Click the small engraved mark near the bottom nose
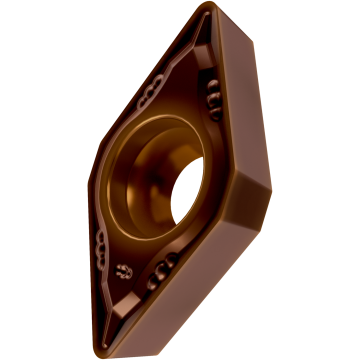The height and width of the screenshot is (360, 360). point(123,271)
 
